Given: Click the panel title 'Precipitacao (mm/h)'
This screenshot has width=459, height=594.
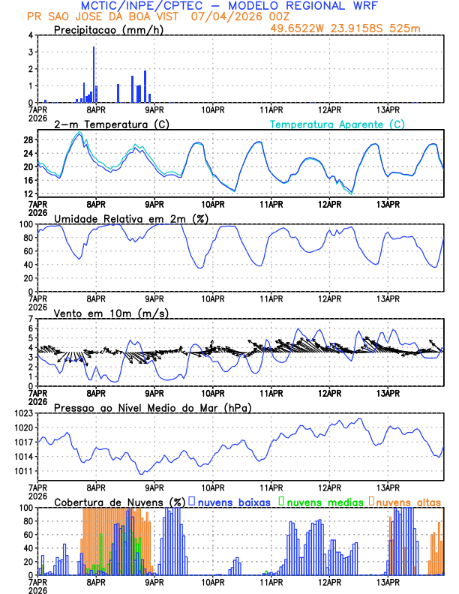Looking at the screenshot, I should click(108, 30).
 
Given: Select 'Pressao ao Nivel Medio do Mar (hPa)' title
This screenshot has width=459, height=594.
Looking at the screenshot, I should click(153, 407).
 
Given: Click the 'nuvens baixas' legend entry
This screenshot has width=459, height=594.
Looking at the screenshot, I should click(233, 502).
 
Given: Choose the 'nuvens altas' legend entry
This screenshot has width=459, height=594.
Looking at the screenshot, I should click(409, 502).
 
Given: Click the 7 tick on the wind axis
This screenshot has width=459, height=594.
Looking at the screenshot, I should click(31, 319).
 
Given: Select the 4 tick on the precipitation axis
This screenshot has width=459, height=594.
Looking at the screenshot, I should click(31, 35).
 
